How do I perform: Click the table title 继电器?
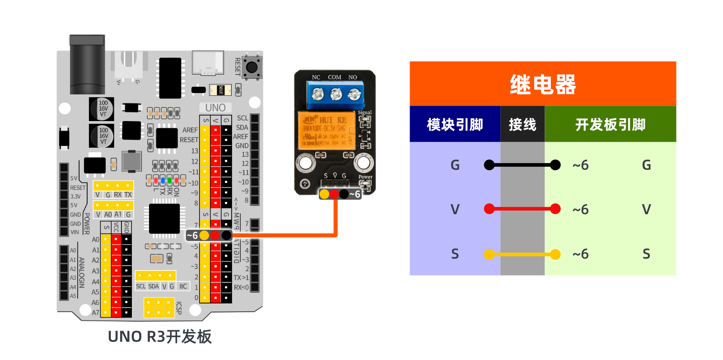point(542,84)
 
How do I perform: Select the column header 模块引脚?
point(455,125)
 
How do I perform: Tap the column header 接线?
point(522,125)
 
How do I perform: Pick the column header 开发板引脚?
point(610,125)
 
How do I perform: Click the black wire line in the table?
point(522,165)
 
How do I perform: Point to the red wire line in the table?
point(522,209)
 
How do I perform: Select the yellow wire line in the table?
point(522,254)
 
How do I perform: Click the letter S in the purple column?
point(455,254)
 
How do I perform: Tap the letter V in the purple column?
point(455,210)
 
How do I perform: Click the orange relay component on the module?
point(326,131)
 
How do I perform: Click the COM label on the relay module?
point(335,77)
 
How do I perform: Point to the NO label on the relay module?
point(353,77)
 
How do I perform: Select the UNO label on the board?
point(215,108)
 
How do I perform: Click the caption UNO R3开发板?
point(159,337)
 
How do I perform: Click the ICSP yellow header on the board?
point(159,308)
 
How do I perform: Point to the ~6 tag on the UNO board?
point(192,235)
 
